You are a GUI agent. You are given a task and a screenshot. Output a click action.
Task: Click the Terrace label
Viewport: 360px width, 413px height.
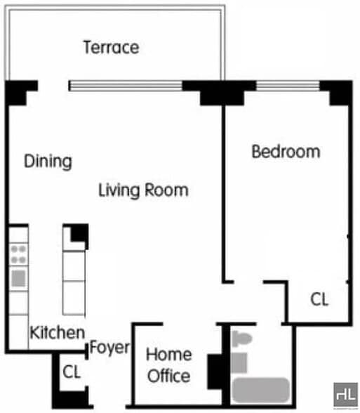point(111,48)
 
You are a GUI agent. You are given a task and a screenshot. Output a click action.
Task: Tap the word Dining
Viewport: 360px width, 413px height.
point(48,161)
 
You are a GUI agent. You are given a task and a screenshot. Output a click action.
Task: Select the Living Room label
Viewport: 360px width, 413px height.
point(143,190)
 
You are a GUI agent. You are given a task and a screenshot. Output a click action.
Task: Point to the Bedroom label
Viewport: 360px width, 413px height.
point(286,151)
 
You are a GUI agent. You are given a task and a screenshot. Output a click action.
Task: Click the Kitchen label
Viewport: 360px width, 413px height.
point(58,334)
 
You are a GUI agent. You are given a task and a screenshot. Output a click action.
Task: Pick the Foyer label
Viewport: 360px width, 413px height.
point(110,348)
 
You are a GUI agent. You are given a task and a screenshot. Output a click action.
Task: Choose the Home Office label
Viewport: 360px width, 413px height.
point(168,365)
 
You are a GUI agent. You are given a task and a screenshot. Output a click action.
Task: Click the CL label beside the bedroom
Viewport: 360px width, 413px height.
point(319,300)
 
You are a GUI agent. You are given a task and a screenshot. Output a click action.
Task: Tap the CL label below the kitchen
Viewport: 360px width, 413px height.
point(72,371)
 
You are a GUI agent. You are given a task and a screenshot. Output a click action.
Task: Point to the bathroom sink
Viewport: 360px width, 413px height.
point(239,362)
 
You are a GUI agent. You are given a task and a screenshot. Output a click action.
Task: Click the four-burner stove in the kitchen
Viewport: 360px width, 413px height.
point(19,254)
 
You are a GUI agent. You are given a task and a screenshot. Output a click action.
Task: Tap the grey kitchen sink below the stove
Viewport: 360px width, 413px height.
point(19,277)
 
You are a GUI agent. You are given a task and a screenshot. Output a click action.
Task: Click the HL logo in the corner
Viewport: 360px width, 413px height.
point(345,393)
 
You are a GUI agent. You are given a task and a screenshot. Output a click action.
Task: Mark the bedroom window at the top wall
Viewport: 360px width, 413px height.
point(288,86)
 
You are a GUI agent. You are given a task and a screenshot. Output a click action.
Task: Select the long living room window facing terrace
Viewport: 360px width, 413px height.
point(126,86)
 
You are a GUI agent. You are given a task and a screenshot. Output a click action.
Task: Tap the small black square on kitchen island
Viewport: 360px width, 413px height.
point(79,232)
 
